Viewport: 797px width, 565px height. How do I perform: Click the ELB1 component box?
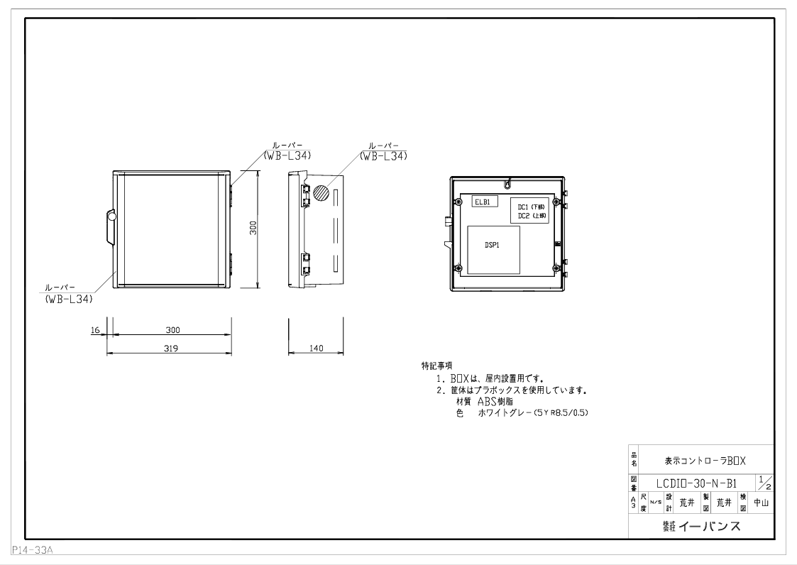pos(485,202)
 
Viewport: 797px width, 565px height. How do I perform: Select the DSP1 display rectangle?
pos(493,251)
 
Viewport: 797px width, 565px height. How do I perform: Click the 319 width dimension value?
pos(170,349)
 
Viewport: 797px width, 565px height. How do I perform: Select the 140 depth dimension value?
pos(316,349)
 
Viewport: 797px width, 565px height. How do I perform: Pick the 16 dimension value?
pos(95,330)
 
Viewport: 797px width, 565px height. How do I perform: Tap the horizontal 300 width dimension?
pos(173,330)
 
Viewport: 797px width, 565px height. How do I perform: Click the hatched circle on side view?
pos(321,193)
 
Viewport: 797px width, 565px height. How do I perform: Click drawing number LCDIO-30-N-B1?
pos(696,483)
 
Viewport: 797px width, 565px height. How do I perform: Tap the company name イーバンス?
pos(709,526)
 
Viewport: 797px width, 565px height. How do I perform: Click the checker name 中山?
pos(760,503)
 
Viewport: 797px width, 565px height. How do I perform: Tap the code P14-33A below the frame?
pos(33,550)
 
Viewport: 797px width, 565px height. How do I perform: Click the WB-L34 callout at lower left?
pos(69,299)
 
